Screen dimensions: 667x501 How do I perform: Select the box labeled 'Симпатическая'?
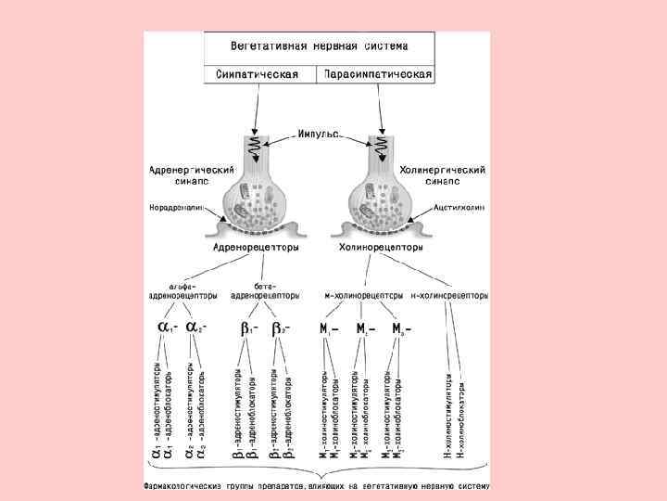coord(258,73)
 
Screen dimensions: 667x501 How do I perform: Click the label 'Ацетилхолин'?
coord(459,209)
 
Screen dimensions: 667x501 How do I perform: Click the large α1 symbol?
coord(167,328)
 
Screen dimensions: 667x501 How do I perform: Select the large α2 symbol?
coord(195,328)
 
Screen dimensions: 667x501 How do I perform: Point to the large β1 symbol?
coord(248,328)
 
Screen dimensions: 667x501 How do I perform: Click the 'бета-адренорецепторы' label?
coord(264,291)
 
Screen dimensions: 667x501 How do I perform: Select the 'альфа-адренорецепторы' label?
coord(183,291)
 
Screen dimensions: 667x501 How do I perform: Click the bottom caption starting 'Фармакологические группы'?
coord(316,485)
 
